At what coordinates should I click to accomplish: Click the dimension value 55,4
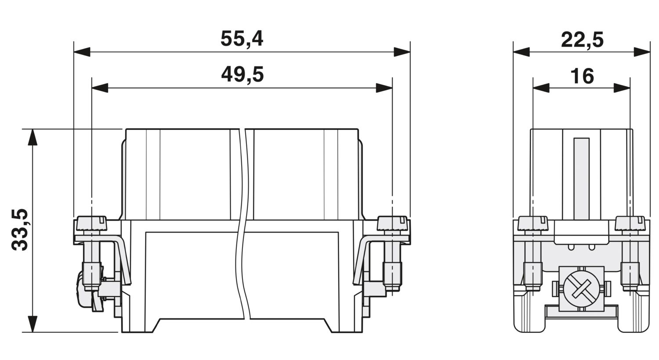point(242,39)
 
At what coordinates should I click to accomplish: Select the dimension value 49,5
point(243,75)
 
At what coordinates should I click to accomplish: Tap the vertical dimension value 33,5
point(20,230)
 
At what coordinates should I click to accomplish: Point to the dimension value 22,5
point(582,40)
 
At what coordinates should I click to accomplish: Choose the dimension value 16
point(582,76)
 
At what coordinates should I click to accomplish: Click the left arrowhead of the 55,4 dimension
point(82,52)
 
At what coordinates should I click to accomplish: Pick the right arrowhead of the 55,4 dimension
point(402,52)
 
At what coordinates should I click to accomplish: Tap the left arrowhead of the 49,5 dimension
point(100,87)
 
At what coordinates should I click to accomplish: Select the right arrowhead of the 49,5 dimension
point(384,87)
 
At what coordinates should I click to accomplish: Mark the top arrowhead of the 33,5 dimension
point(33,137)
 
